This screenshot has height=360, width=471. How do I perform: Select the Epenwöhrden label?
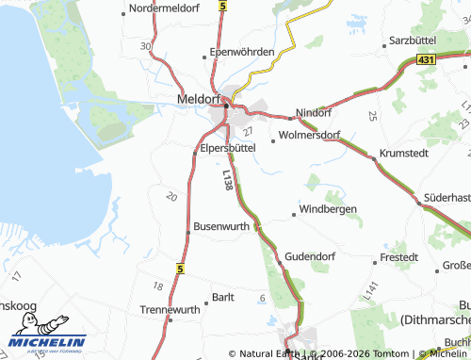pos(242,52)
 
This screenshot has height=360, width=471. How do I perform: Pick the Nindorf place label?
pos(315,112)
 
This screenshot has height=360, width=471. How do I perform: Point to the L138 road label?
pos(228,182)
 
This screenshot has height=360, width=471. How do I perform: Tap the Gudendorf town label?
pos(310,256)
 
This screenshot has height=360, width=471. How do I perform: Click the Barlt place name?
pos(223,297)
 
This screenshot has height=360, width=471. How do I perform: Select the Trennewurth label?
pos(170,309)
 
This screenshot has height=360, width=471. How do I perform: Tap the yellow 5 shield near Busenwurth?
pos(179,269)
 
